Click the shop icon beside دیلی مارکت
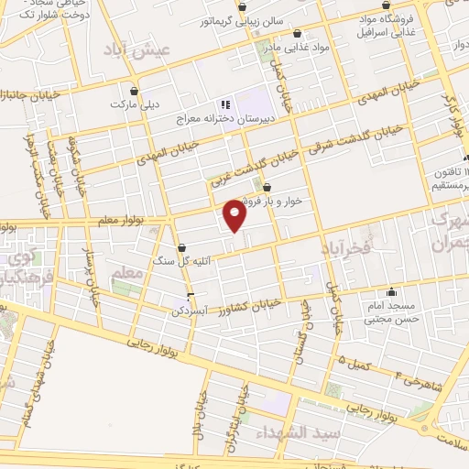click(x=136, y=91)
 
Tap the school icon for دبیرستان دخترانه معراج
click(x=224, y=106)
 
